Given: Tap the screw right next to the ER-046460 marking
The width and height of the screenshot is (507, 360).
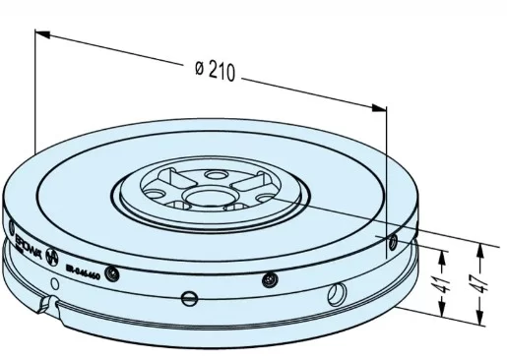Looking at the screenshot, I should point(115,271).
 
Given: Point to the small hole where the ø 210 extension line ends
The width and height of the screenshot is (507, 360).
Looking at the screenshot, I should point(392,239).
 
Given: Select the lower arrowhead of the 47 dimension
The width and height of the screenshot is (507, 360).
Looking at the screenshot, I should point(479,319).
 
